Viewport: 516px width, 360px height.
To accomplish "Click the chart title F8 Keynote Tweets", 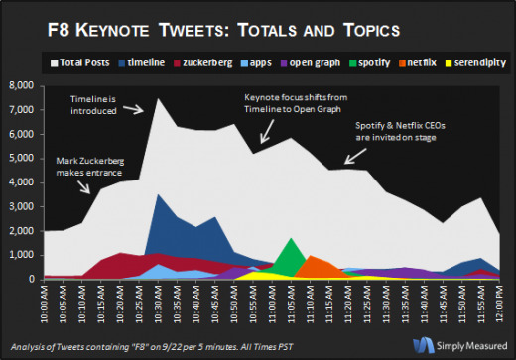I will (x=257, y=24).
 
